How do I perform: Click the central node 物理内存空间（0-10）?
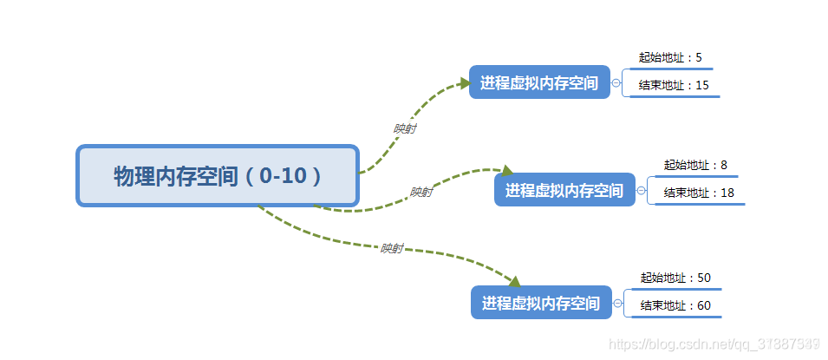[218, 176]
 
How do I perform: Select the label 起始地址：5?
[670, 58]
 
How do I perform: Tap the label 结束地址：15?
[674, 85]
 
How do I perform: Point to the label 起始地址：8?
[695, 165]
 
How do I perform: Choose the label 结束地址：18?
[699, 193]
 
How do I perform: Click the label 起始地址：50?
[675, 278]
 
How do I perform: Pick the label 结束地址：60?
[675, 305]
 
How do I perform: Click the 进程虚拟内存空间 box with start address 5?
[539, 83]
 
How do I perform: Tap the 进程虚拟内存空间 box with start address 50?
[541, 304]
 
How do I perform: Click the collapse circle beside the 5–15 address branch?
[616, 83]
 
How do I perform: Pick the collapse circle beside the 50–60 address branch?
[618, 304]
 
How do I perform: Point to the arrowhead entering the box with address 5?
[463, 83]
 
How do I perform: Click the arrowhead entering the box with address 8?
[507, 172]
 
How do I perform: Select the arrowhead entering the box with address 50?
[513, 281]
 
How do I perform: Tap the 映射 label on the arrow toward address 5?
[404, 128]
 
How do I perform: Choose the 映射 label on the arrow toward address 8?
[421, 193]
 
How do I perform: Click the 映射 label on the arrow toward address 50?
[392, 248]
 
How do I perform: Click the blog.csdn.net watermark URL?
[715, 344]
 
